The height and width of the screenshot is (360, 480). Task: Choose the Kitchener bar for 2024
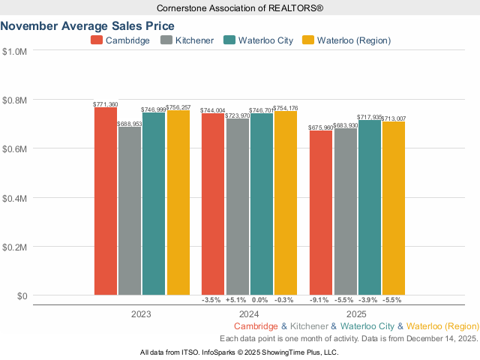(238, 206)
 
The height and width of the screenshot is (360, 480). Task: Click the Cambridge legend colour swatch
(97, 40)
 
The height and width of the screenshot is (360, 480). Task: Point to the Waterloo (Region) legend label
(354, 40)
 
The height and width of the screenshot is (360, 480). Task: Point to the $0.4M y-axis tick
(15, 198)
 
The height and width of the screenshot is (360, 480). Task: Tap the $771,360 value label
(106, 104)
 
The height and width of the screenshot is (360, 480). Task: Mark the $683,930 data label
(345, 125)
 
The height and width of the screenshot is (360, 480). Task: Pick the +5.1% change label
(237, 300)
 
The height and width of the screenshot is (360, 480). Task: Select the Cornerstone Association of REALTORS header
(240, 7)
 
